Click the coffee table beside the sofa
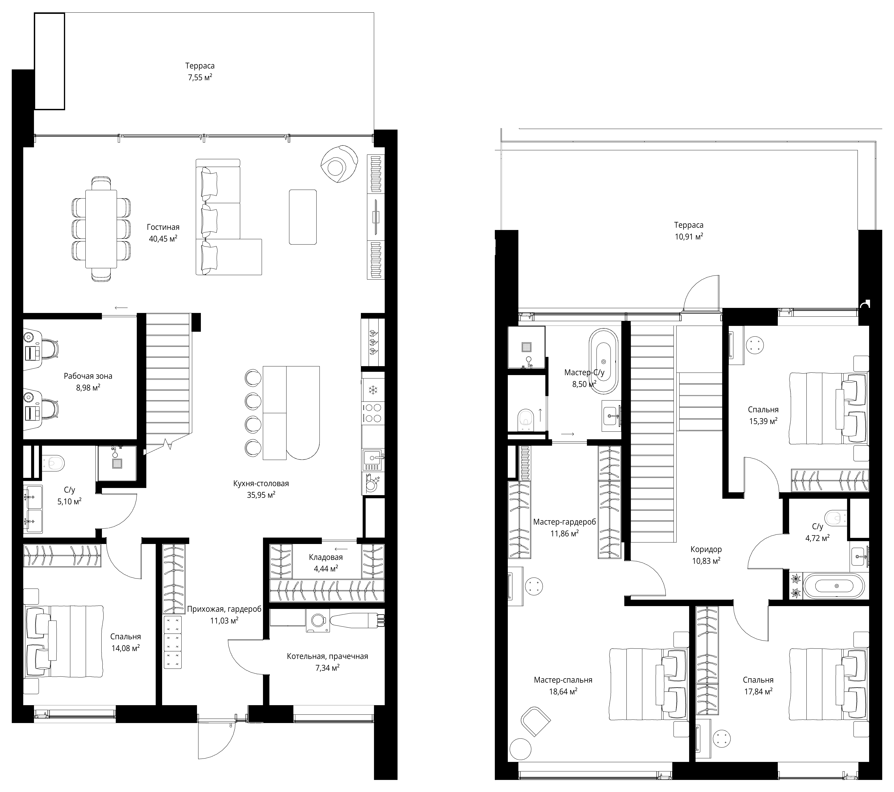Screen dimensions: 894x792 coord(303,217)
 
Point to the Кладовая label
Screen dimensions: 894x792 coord(326,557)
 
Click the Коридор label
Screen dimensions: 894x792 coord(706,549)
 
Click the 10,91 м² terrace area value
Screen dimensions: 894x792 coord(689,237)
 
